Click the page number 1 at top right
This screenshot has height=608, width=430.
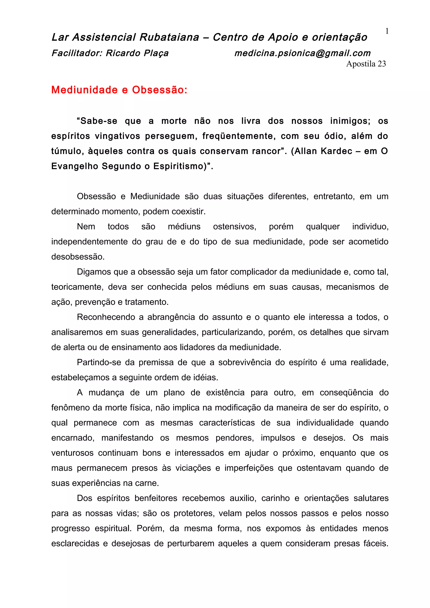[387, 31]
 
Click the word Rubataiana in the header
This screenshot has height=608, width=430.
[169, 37]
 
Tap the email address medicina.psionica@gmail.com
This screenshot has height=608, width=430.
[302, 53]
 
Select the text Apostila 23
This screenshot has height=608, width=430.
[366, 64]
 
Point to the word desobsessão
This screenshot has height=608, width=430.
[78, 257]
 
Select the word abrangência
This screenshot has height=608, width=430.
[171, 317]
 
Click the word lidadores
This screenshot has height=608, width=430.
[197, 347]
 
